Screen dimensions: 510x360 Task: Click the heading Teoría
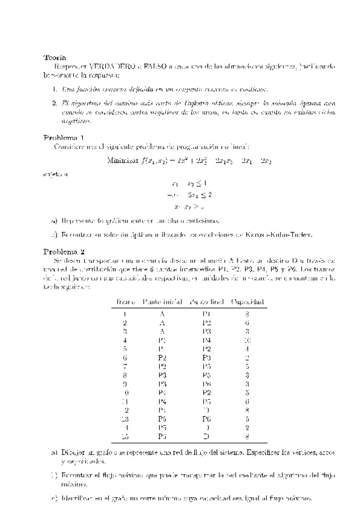click(54, 58)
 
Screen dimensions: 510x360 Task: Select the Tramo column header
click(124, 301)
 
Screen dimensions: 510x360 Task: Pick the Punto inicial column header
click(160, 301)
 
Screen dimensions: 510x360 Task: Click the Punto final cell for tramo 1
click(206, 313)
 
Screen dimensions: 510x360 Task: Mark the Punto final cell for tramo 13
click(206, 417)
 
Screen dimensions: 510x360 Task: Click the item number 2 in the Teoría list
click(55, 103)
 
